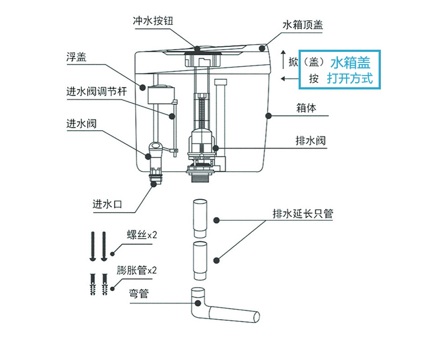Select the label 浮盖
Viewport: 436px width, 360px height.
pyautogui.click(x=77, y=57)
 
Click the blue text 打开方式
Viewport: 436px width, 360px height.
pyautogui.click(x=350, y=78)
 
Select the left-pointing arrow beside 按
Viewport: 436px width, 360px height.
pyautogui.click(x=288, y=78)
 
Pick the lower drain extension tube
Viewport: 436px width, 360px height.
pyautogui.click(x=200, y=261)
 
